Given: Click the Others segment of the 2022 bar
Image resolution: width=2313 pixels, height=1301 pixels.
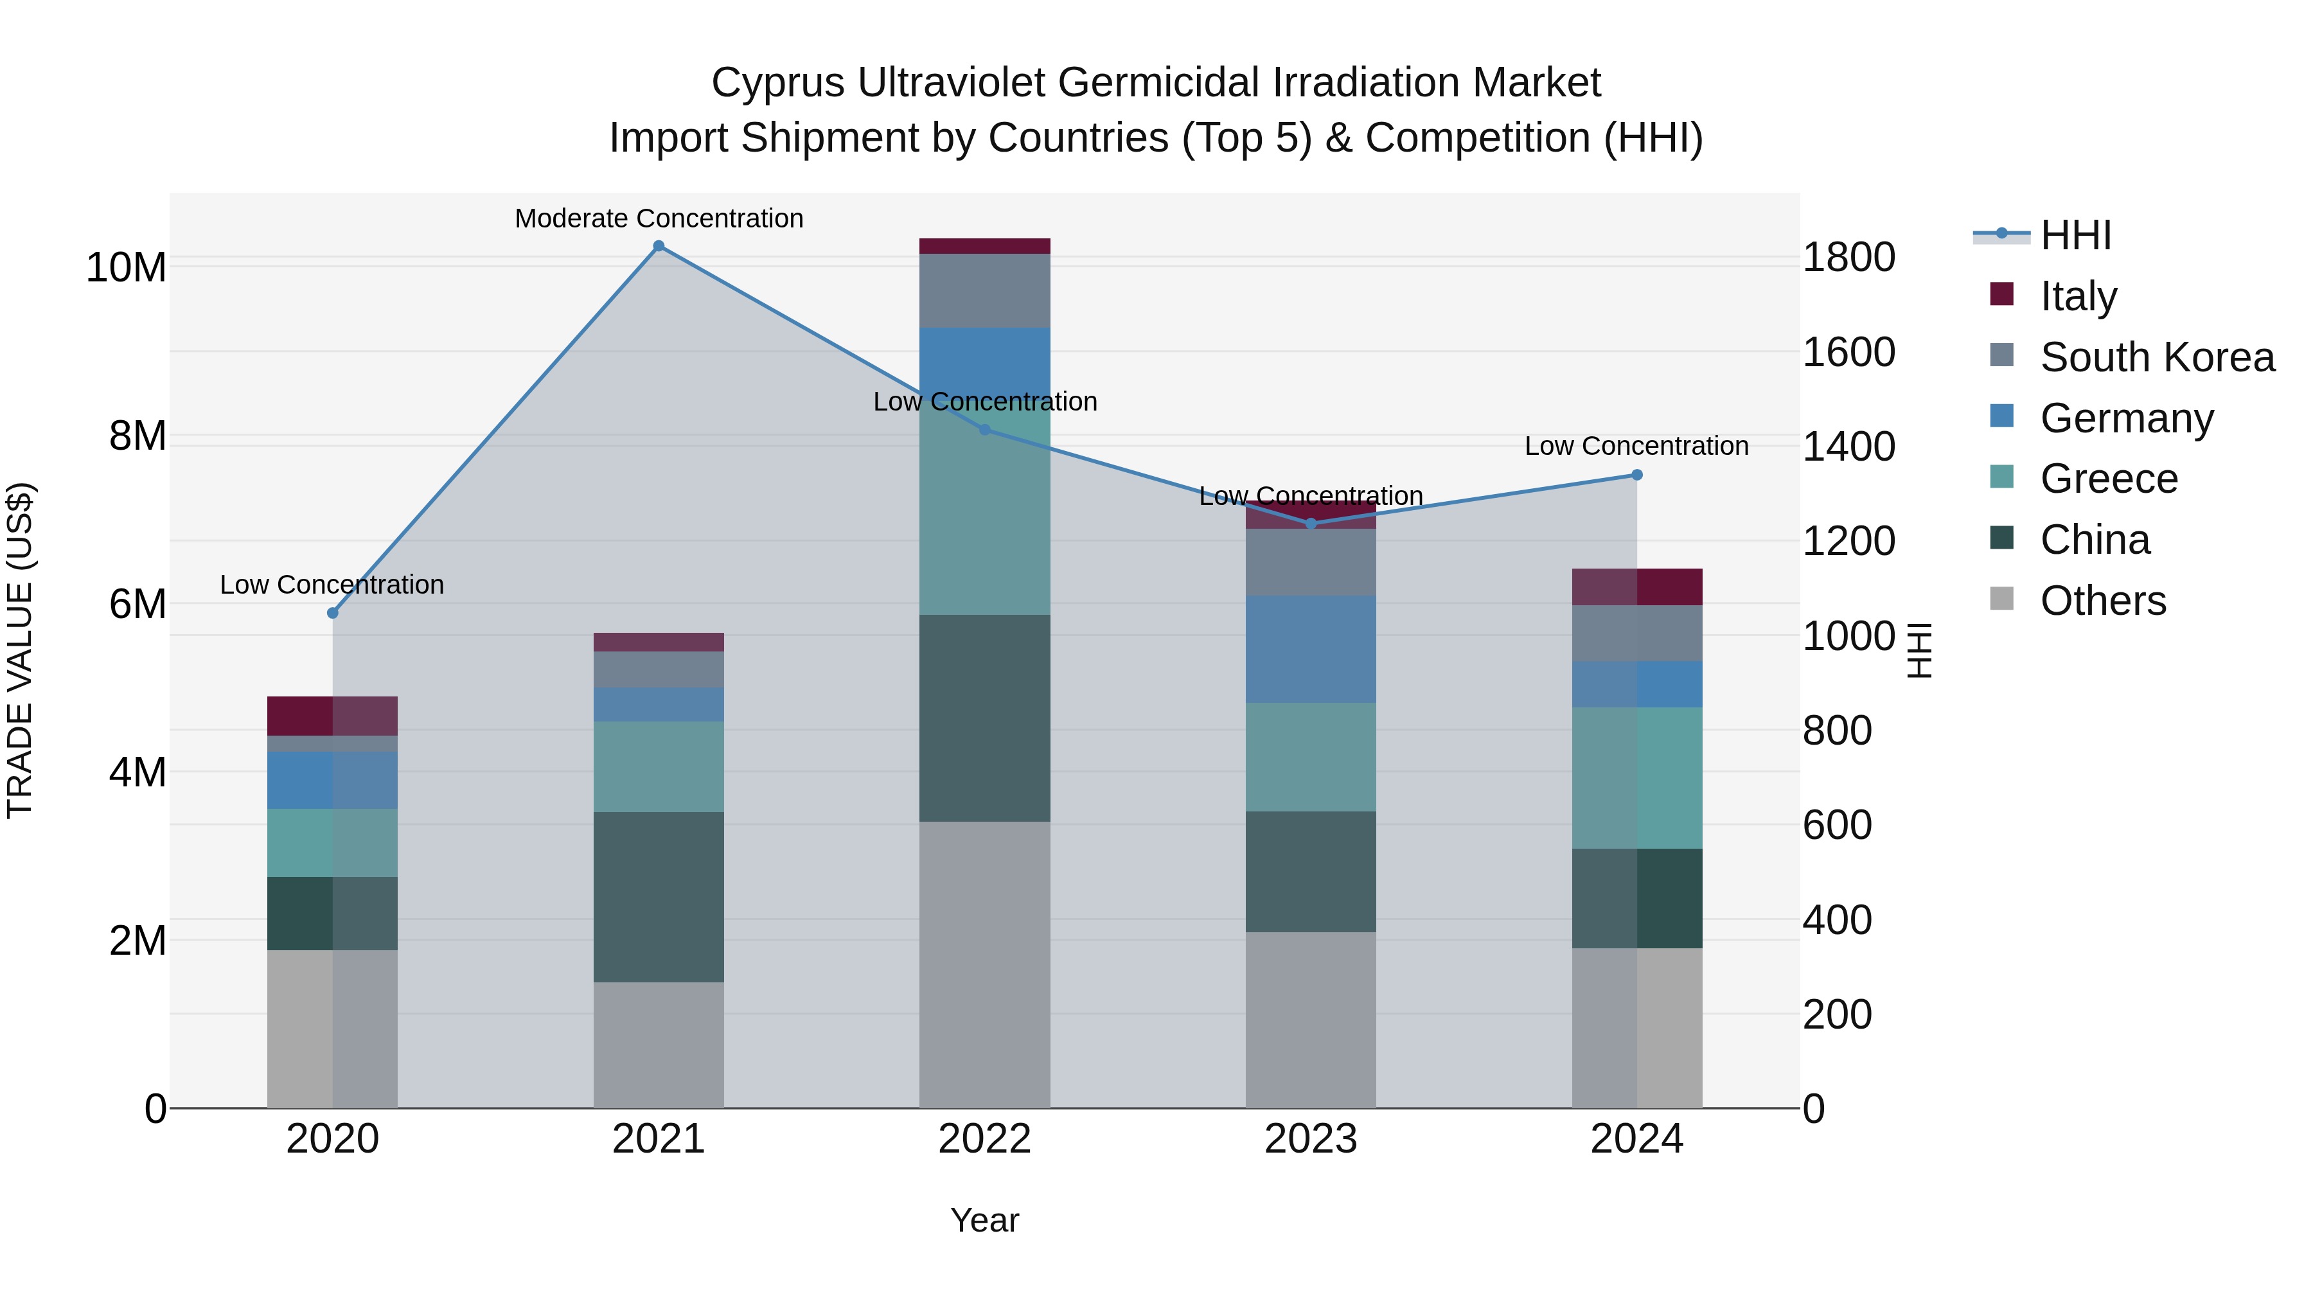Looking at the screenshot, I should (984, 964).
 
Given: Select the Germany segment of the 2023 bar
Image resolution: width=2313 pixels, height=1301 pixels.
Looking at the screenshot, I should (1310, 648).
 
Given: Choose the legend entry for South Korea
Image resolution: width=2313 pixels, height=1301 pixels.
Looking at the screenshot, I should (2157, 357).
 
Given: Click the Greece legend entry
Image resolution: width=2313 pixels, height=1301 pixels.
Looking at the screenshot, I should (2108, 479).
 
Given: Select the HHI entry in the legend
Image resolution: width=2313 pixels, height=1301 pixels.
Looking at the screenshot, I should (2075, 235).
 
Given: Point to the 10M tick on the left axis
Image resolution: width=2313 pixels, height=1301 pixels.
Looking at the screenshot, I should (127, 267).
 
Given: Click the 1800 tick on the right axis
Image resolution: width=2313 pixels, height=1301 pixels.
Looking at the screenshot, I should (1848, 258).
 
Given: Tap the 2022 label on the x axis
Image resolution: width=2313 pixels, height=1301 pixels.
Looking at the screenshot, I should (984, 1139).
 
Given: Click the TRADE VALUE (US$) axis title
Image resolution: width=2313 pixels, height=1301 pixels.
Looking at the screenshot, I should (20, 650).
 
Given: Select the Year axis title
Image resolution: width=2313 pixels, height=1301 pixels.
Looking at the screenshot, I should (984, 1220).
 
